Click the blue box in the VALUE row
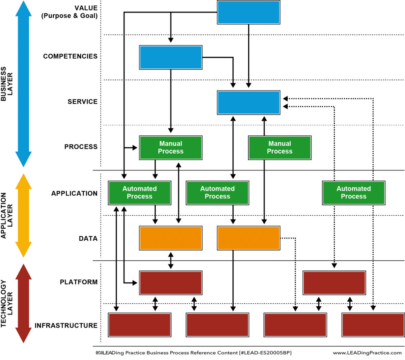tap(248, 12)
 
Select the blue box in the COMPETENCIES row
tap(171, 57)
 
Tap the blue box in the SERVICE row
tap(248, 102)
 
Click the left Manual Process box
tap(171, 148)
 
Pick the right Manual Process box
tap(279, 148)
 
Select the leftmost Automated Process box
tap(139, 193)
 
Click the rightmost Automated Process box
tap(353, 193)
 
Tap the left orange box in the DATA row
tap(171, 238)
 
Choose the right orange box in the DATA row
tap(248, 238)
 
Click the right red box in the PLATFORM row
tap(334, 283)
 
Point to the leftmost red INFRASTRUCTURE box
tap(139, 325)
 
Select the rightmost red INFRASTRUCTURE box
tap(373, 325)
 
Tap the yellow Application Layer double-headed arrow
tap(23, 215)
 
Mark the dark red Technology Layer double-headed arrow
tap(23, 303)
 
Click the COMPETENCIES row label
tap(70, 56)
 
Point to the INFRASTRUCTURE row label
tap(66, 326)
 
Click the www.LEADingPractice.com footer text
tap(367, 353)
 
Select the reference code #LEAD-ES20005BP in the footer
tap(265, 353)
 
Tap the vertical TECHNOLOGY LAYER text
tap(6, 303)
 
